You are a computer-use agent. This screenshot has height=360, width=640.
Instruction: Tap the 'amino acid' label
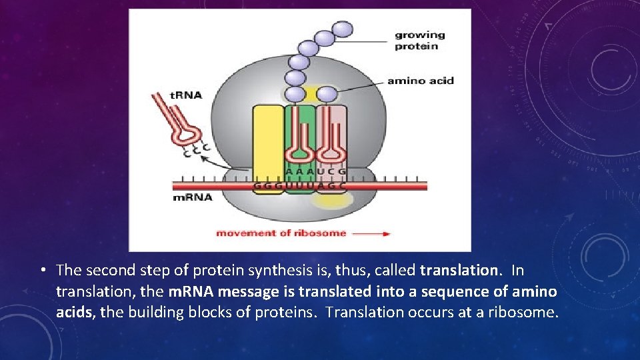click(x=420, y=81)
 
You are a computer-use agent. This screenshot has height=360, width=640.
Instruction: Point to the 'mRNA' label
click(x=193, y=197)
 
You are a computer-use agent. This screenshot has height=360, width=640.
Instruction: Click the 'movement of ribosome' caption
click(x=281, y=233)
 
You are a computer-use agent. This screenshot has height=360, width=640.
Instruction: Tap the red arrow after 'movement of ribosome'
click(x=371, y=233)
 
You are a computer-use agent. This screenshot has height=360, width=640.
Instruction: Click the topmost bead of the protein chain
click(x=342, y=29)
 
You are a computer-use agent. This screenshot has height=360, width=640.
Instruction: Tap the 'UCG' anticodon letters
click(x=331, y=171)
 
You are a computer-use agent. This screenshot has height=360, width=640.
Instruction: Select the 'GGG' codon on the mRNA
click(x=268, y=185)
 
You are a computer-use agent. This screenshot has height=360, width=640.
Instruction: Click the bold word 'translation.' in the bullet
click(x=460, y=270)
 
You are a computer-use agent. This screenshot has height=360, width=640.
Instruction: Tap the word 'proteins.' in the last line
click(x=287, y=313)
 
